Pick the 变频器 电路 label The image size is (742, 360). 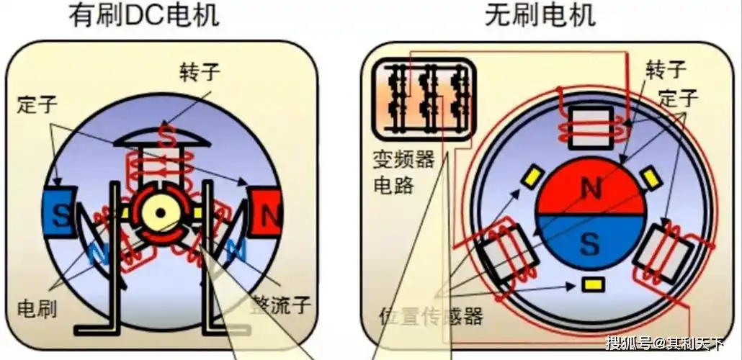click(x=403, y=171)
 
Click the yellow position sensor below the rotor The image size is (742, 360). click(x=592, y=284)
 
